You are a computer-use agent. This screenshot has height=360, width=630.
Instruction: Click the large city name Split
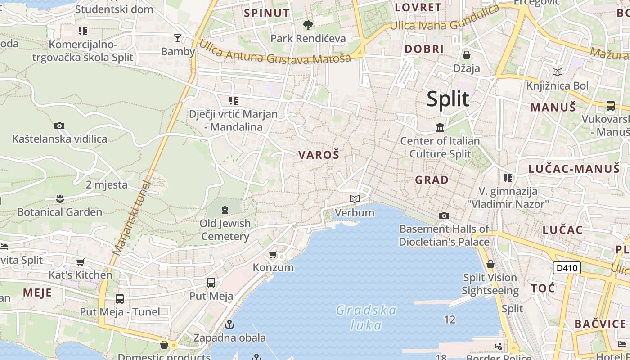pyautogui.click(x=448, y=99)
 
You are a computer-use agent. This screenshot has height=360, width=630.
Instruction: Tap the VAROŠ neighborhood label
pyautogui.click(x=319, y=155)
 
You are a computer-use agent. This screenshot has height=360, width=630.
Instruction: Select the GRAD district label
pyautogui.click(x=432, y=180)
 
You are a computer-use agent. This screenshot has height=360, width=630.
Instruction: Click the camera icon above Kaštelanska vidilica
pyautogui.click(x=59, y=126)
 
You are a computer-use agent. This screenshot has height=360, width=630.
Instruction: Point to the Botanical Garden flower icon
pyautogui.click(x=59, y=198)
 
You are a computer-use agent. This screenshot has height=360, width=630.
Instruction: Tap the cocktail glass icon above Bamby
pyautogui.click(x=178, y=38)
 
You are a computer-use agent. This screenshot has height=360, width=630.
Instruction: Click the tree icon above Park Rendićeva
pyautogui.click(x=308, y=25)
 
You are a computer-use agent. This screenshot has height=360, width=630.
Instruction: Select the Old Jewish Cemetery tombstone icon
pyautogui.click(x=225, y=210)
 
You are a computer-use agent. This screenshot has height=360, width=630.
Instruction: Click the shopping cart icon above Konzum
pyautogui.click(x=273, y=255)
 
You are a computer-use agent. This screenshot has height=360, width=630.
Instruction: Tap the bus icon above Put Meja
pyautogui.click(x=211, y=283)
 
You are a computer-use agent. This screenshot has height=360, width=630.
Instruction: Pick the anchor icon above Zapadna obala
pyautogui.click(x=229, y=324)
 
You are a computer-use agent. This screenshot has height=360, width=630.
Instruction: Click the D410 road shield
pyautogui.click(x=567, y=268)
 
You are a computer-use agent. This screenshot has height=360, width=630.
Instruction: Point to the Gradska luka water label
pyautogui.click(x=366, y=317)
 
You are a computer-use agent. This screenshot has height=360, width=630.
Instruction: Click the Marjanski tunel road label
pyautogui.click(x=131, y=218)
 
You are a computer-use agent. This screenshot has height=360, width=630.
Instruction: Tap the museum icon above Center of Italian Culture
pyautogui.click(x=440, y=128)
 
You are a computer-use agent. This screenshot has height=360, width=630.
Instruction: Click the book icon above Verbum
pyautogui.click(x=355, y=199)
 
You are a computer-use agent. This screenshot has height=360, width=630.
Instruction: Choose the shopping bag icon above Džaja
pyautogui.click(x=467, y=55)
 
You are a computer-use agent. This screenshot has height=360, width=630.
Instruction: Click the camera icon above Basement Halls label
pyautogui.click(x=444, y=216)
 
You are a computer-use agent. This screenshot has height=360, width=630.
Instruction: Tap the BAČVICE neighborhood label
pyautogui.click(x=600, y=324)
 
